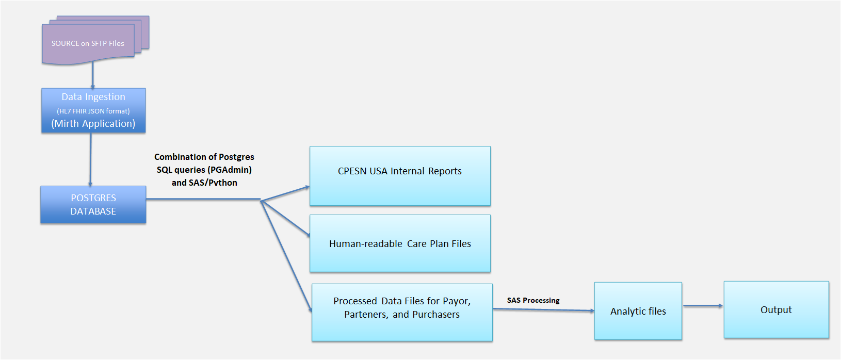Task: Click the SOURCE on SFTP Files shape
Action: tap(88, 44)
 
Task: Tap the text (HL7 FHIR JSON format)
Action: tap(93, 111)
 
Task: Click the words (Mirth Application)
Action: tap(93, 124)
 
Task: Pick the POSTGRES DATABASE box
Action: tap(93, 205)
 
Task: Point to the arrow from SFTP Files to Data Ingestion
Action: tap(93, 75)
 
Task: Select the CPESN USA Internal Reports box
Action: tap(400, 176)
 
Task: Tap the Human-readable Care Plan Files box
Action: tap(400, 243)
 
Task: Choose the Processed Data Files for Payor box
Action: tap(402, 313)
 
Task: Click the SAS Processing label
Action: tap(533, 300)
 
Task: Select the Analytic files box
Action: tap(638, 311)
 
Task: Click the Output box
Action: tap(776, 309)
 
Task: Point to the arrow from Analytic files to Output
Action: tap(703, 306)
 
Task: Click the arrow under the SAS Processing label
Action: tap(543, 310)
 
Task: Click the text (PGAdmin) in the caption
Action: tap(230, 170)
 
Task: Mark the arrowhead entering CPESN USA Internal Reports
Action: tap(306, 188)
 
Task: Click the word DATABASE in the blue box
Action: tap(93, 211)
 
